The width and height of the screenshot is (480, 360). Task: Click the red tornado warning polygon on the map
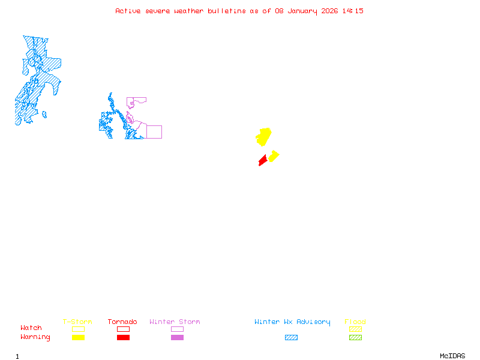263,160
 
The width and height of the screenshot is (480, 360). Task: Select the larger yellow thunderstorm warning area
263,137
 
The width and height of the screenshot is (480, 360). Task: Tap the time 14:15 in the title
353,11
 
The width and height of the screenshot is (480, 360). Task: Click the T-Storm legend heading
77,322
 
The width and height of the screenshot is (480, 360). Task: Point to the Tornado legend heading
122,322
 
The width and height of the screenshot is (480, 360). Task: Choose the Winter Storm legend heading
175,322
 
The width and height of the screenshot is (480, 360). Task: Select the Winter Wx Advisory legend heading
292,322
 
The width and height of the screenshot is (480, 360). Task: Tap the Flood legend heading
355,322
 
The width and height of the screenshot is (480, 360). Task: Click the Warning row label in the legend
35,337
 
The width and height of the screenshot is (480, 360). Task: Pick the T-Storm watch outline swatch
78,329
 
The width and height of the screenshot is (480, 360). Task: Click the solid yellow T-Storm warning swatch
78,337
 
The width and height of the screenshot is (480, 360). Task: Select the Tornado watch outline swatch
123,329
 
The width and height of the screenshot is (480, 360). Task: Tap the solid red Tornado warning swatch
123,337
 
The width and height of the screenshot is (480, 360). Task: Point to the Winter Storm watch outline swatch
177,329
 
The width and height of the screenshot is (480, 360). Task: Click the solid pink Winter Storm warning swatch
177,337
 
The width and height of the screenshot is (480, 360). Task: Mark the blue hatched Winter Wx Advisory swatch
291,337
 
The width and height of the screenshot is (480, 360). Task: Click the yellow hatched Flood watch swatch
355,329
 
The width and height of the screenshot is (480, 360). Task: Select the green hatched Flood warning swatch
355,337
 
